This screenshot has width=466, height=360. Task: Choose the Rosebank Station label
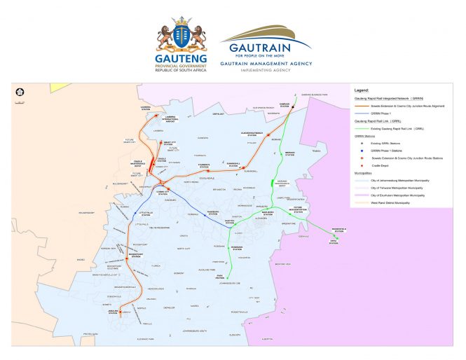coord(235,248)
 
